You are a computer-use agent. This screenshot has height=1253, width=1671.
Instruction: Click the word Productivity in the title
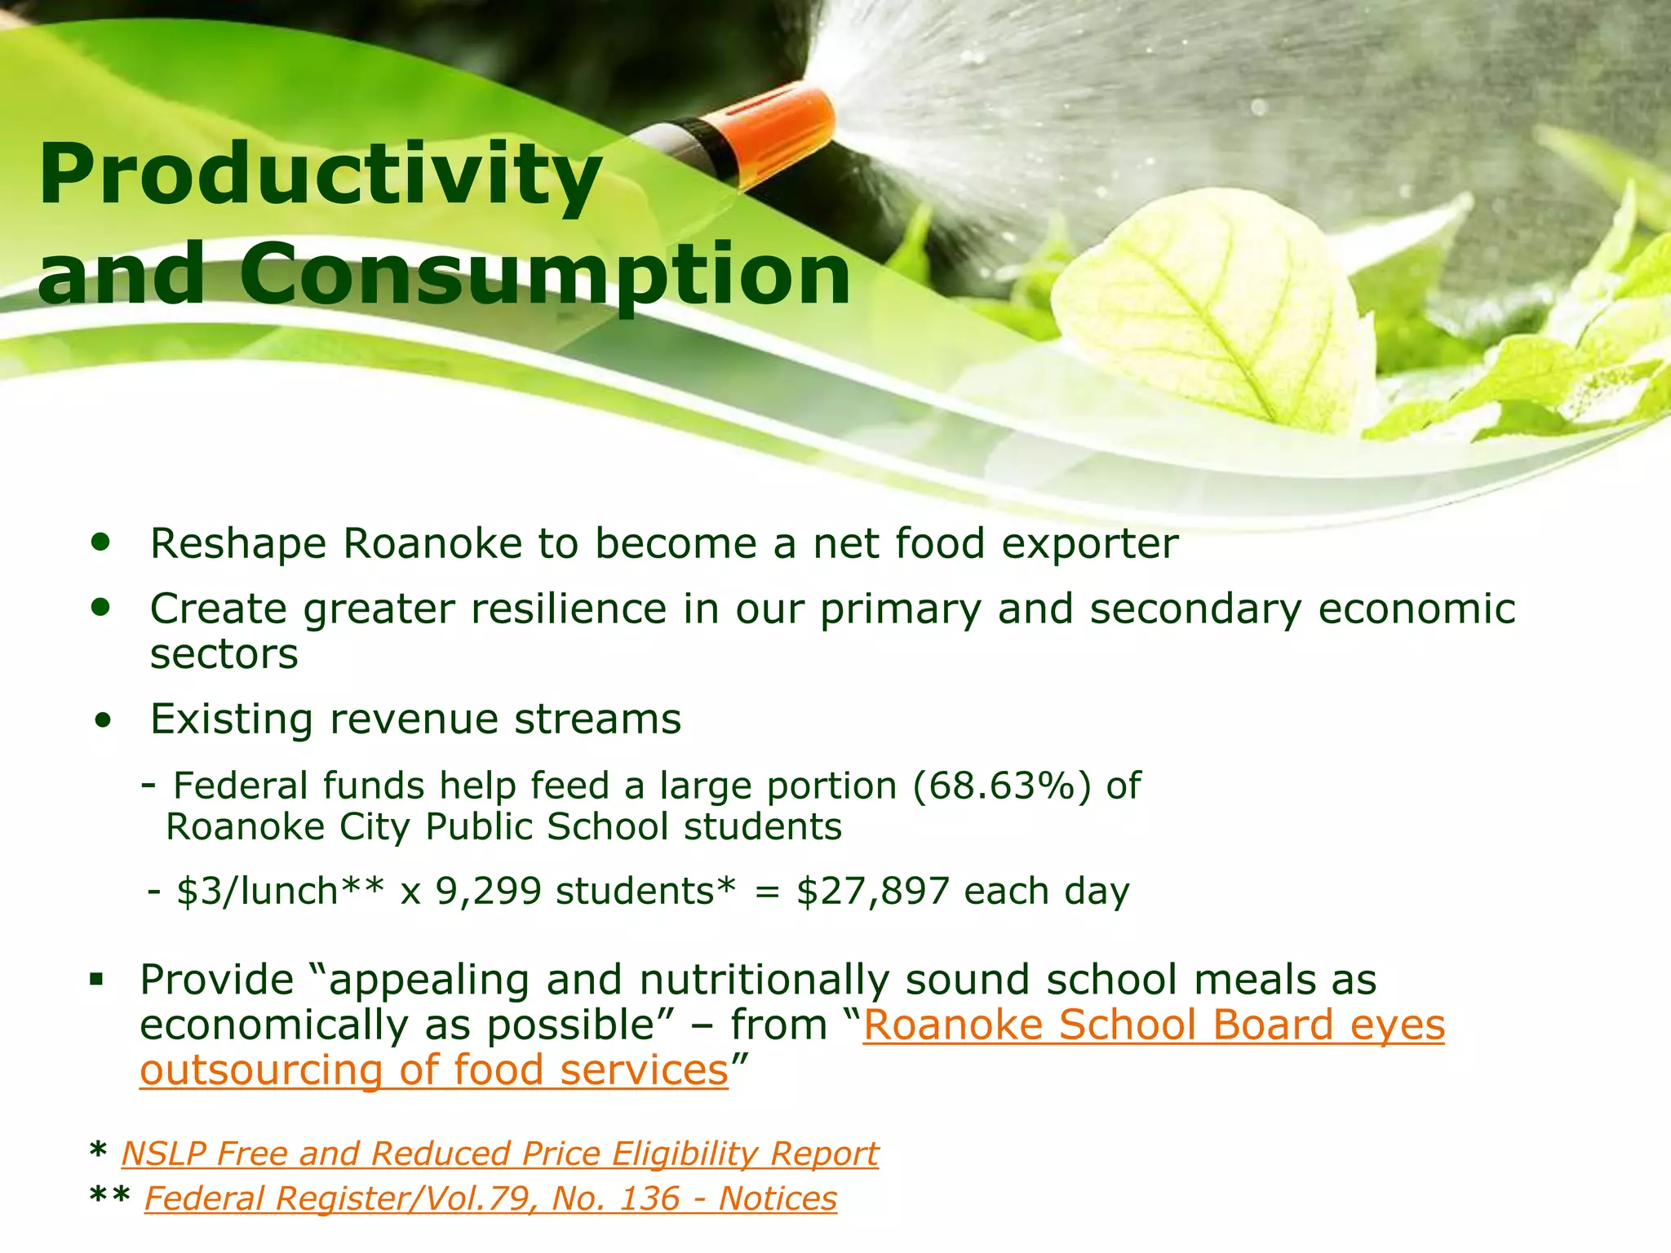pyautogui.click(x=320, y=175)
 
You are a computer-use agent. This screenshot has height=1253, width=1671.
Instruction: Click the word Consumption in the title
pyautogui.click(x=545, y=275)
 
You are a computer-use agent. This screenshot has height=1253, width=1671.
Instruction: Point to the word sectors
pyautogui.click(x=224, y=655)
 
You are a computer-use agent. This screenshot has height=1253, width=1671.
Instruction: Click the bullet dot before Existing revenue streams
pyautogui.click(x=103, y=721)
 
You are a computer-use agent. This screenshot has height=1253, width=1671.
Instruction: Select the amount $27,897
pyautogui.click(x=873, y=892)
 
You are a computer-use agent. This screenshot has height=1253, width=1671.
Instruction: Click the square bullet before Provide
pyautogui.click(x=97, y=978)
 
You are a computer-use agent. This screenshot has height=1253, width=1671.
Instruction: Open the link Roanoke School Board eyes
pyautogui.click(x=1154, y=1025)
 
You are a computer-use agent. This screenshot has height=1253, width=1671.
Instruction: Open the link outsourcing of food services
pyautogui.click(x=433, y=1071)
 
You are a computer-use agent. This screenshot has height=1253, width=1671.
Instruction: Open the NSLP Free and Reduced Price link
pyautogui.click(x=499, y=1154)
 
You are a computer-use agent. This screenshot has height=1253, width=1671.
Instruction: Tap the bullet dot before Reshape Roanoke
pyautogui.click(x=101, y=542)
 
